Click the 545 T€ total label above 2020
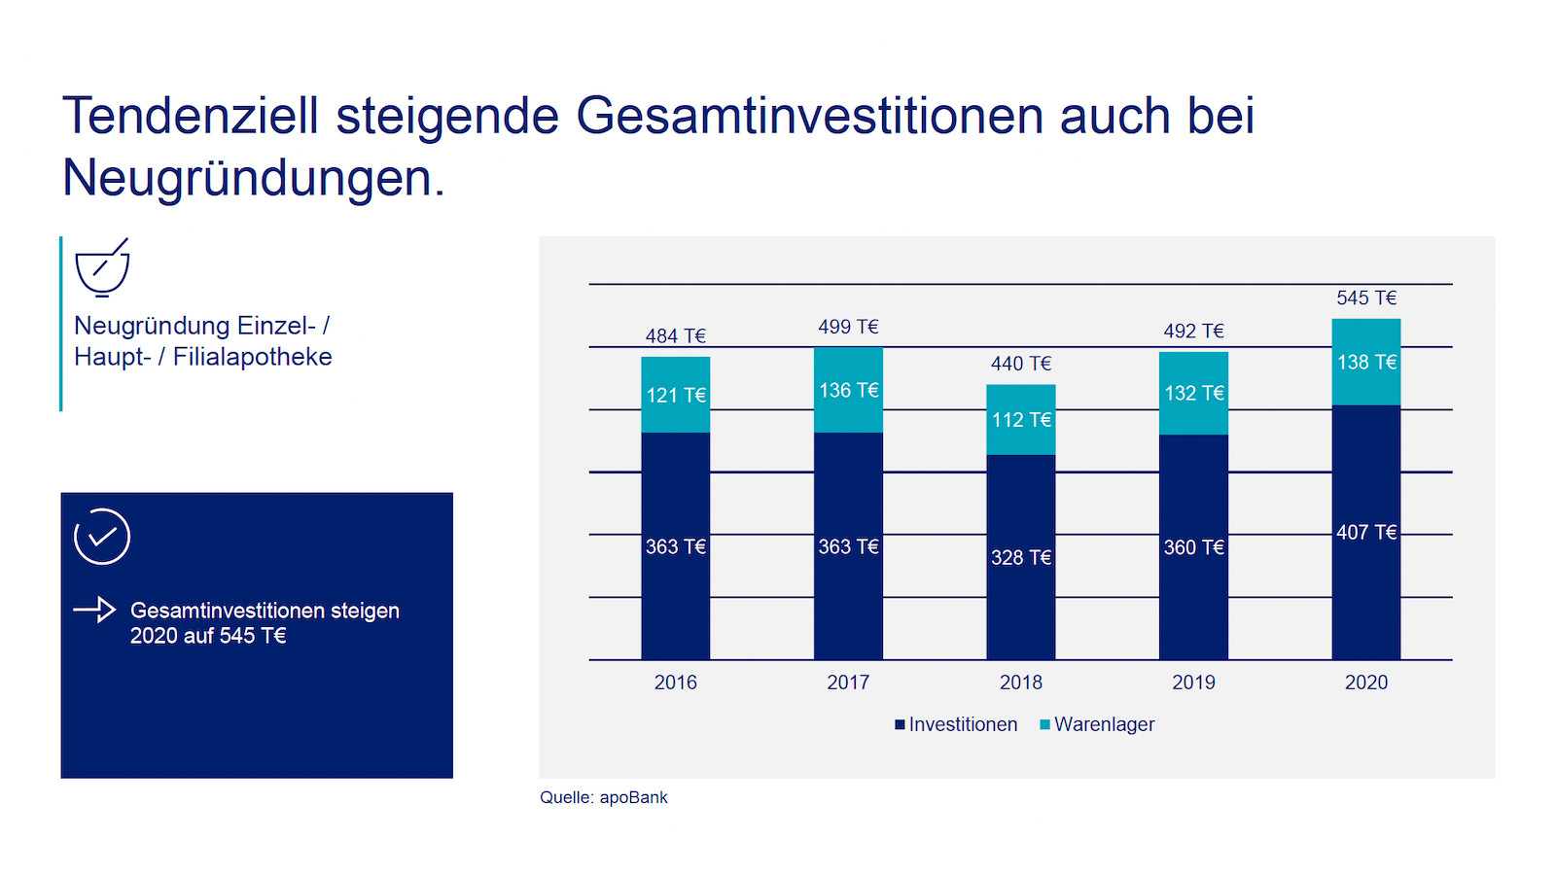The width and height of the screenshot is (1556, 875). (1366, 297)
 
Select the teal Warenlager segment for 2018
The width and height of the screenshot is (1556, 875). (1021, 419)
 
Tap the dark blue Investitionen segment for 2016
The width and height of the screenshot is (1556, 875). (675, 545)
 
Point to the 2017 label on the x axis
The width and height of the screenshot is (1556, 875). (848, 682)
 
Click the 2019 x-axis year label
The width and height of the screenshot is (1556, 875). (1193, 682)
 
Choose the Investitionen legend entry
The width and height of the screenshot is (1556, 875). (956, 724)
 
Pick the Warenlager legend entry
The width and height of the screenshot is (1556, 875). (1097, 724)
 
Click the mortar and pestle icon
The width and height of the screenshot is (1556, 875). (103, 268)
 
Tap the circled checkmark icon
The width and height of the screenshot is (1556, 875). (102, 536)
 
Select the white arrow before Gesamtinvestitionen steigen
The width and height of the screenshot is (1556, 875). (94, 610)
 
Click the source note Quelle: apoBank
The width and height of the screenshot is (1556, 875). (604, 797)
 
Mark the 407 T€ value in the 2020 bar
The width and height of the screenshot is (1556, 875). (1366, 533)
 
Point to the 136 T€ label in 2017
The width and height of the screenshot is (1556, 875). (848, 390)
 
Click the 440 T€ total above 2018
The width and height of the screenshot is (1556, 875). (1021, 364)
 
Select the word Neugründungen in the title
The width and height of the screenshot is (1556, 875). (254, 178)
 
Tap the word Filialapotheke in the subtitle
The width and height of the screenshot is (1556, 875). (252, 357)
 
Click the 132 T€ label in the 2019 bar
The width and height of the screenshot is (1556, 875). (1193, 393)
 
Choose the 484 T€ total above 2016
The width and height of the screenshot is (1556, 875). (675, 336)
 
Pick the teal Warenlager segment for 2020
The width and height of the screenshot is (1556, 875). (1366, 362)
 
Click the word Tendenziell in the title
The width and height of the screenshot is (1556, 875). (191, 116)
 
